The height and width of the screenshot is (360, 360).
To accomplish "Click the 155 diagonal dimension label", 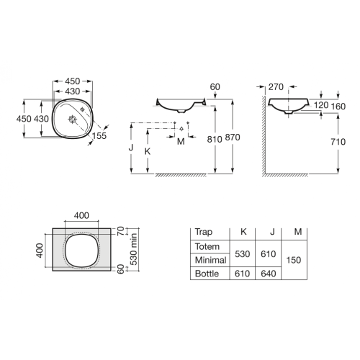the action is [99, 136].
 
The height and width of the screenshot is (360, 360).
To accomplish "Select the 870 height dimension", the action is [233, 138].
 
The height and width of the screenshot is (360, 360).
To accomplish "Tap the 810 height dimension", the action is [215, 139].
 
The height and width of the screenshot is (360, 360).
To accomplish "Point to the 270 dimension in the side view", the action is [276, 87].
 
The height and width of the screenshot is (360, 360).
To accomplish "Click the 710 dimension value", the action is [338, 142].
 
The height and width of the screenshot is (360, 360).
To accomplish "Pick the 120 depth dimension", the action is [321, 105].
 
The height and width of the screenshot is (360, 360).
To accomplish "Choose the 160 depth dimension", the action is [338, 107].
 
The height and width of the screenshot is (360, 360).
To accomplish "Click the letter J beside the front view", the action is [131, 148].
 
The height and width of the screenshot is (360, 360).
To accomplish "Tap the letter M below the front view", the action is [181, 142].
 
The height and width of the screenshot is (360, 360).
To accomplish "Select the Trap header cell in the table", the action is [204, 232].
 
